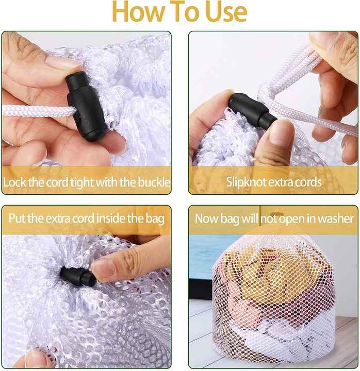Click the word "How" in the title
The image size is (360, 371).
tap(139, 12)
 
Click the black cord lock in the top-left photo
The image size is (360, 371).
tap(86, 107)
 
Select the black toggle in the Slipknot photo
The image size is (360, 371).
tap(252, 111)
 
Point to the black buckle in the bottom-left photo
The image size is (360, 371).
tap(78, 276)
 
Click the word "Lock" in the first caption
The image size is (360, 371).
tap(14, 182)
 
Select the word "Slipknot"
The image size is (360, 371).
tap(247, 182)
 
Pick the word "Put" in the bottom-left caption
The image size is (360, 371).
tap(17, 218)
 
